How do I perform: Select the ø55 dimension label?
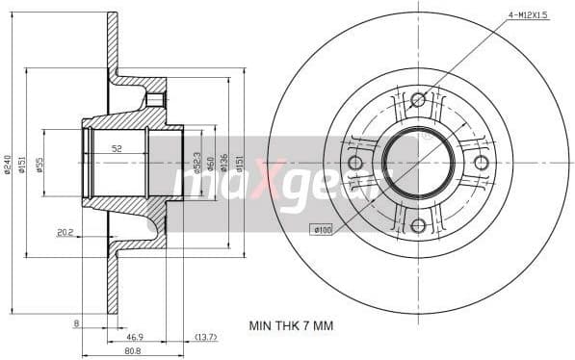[39, 165]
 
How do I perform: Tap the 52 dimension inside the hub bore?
[117, 148]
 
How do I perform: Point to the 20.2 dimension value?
[65, 231]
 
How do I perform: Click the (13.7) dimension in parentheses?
[205, 338]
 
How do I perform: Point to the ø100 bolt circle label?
[321, 229]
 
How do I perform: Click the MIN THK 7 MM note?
[290, 326]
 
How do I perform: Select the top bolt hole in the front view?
[418, 99]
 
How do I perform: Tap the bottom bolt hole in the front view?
[418, 225]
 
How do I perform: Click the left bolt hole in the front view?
[355, 163]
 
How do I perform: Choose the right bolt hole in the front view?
[481, 163]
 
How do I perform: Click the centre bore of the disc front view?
[418, 162]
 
